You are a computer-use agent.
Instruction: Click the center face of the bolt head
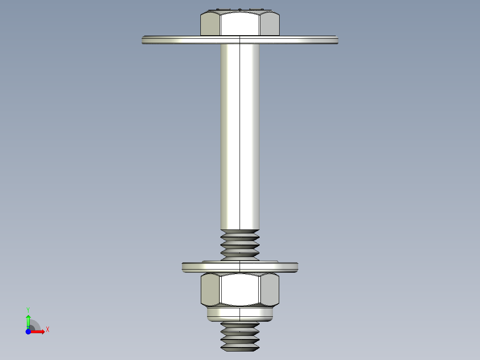click(x=240, y=24)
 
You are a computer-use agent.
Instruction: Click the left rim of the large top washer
click(x=145, y=40)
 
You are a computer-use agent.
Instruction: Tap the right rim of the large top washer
click(x=335, y=40)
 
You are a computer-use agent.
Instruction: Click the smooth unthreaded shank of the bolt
click(x=240, y=134)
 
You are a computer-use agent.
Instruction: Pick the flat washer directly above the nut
click(x=240, y=267)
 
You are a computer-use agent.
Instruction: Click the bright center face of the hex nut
click(x=240, y=289)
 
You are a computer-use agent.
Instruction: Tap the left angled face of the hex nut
click(x=210, y=289)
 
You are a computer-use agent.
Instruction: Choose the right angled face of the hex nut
click(x=270, y=289)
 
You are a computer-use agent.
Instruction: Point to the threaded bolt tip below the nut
click(x=240, y=336)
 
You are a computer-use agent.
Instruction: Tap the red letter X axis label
click(x=47, y=329)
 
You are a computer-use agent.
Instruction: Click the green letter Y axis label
click(x=28, y=309)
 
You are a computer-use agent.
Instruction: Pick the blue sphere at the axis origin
click(x=28, y=331)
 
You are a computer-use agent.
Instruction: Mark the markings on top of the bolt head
click(x=240, y=9)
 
